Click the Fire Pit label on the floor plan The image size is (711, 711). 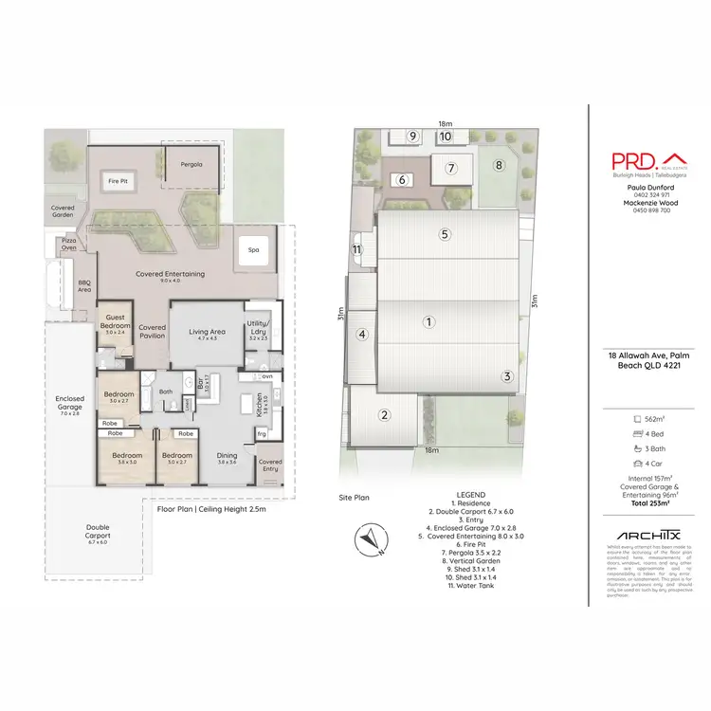tap(117, 180)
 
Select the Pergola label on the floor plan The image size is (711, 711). tap(191, 164)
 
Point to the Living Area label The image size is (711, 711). tap(205, 333)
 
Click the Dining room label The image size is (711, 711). tap(227, 458)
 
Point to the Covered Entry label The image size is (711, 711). tap(270, 465)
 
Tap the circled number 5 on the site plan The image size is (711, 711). tap(443, 234)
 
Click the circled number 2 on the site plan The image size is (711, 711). tap(385, 414)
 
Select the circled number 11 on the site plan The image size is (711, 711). tap(356, 249)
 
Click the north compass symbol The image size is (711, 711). tap(368, 539)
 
